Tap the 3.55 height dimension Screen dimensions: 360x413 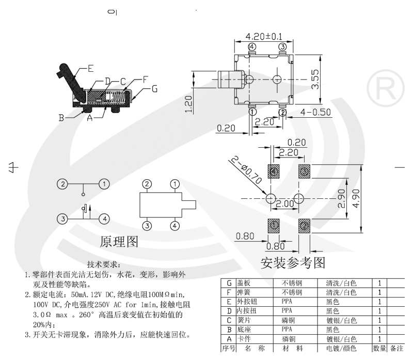tap(315, 80)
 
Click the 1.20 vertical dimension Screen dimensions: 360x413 tap(189, 103)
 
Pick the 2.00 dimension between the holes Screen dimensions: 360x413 tap(284, 204)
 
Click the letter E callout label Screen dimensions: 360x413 tap(90, 68)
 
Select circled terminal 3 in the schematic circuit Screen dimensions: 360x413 tap(62, 219)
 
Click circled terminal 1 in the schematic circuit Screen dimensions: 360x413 tap(104, 183)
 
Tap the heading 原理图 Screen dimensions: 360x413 tap(119, 241)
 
